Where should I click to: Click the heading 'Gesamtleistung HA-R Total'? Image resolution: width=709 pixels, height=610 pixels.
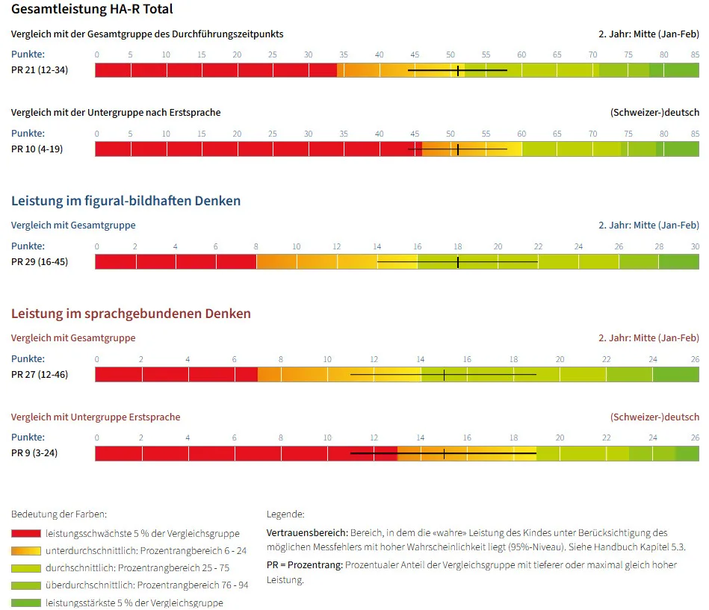[x=92, y=9]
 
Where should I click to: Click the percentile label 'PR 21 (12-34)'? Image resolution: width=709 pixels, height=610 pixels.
[x=40, y=70]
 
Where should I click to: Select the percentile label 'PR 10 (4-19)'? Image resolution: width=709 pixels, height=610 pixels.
[x=37, y=149]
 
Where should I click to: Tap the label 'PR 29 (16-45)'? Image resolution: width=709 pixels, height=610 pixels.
[x=40, y=261]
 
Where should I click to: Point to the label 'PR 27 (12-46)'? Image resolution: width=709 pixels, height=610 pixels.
[x=40, y=375]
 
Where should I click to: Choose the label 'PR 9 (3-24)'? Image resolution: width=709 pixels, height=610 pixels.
[x=34, y=452]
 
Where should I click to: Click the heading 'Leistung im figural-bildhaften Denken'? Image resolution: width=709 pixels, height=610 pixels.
[x=126, y=201]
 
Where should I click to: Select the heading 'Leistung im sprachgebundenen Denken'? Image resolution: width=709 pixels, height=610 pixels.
[x=131, y=314]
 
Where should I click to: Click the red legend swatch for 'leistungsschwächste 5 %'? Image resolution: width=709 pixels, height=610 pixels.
[x=26, y=534]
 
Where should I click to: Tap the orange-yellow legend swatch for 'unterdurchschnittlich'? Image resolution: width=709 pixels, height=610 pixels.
[x=26, y=551]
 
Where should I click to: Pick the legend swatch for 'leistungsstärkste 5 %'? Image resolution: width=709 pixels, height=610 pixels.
[x=26, y=603]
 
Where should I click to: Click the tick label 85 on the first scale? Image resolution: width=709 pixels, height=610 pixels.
[x=695, y=55]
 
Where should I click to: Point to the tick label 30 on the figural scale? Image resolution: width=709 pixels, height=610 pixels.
[x=695, y=246]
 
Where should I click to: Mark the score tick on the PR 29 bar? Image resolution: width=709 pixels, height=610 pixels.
[x=458, y=262]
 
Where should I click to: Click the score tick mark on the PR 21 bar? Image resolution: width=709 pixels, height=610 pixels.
[x=458, y=70]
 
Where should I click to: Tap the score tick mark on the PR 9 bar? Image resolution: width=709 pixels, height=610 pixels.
[x=444, y=453]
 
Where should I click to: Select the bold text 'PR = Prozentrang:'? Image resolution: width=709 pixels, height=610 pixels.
[x=305, y=564]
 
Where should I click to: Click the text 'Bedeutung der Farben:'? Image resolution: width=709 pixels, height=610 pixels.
[x=59, y=514]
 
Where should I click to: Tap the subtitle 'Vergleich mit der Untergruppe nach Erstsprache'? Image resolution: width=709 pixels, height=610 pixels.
[x=116, y=113]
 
